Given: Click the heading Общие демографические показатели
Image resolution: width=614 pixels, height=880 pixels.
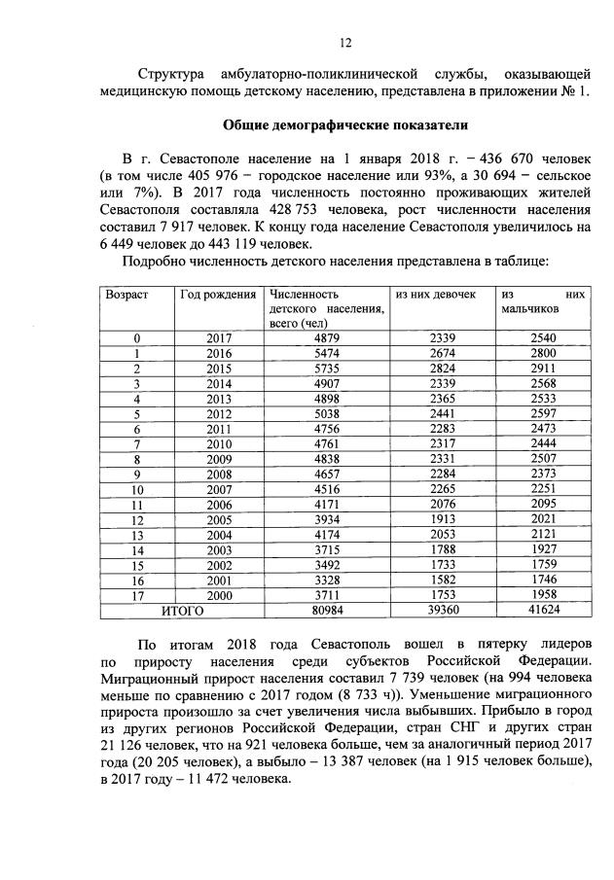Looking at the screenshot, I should (346, 125).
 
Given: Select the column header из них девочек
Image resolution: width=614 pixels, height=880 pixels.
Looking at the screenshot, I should (435, 294).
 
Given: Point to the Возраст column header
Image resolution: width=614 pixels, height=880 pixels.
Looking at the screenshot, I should (127, 294).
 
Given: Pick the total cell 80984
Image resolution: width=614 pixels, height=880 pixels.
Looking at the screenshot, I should (326, 611).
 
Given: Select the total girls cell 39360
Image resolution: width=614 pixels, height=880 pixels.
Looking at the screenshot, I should (442, 611).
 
